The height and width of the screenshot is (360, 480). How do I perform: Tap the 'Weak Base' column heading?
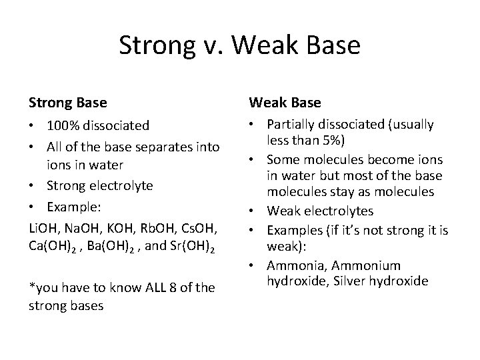coord(285,103)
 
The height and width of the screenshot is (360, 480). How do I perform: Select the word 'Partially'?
coord(291,124)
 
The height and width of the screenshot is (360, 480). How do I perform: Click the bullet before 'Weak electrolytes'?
coord(254,211)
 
